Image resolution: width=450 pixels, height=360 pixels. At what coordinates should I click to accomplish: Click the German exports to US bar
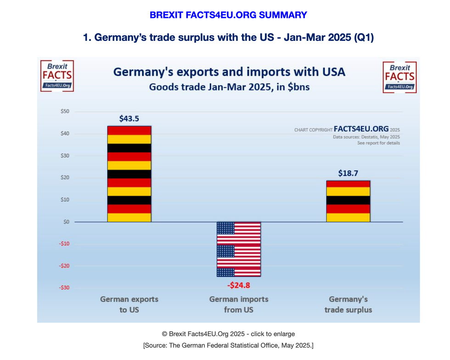[x=129, y=174]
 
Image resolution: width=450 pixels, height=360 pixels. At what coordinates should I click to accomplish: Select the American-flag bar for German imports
[x=238, y=249]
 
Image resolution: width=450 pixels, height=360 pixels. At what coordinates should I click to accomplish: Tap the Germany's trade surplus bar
[x=348, y=201]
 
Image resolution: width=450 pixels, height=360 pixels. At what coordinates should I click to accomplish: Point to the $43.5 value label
[x=129, y=118]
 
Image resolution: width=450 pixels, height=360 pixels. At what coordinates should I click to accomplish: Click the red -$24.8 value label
[x=239, y=285]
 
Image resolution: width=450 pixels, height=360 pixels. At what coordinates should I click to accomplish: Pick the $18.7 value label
[x=348, y=173]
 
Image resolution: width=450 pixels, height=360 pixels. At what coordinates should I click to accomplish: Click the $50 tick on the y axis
[x=65, y=112]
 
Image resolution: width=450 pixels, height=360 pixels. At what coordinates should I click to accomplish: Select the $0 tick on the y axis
[x=66, y=222]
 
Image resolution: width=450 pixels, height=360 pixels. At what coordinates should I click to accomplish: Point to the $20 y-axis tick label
[x=65, y=178]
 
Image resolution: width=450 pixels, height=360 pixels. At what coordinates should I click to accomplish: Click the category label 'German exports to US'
[x=129, y=304]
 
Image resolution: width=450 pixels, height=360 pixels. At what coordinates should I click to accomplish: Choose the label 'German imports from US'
[x=239, y=304]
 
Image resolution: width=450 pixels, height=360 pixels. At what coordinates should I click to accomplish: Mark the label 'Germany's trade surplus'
[x=348, y=304]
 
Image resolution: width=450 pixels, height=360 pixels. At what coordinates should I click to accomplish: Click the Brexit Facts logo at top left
[x=57, y=76]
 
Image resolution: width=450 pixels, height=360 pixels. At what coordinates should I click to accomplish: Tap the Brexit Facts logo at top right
[x=399, y=77]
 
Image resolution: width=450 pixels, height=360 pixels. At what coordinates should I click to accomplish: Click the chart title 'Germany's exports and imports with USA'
[x=229, y=72]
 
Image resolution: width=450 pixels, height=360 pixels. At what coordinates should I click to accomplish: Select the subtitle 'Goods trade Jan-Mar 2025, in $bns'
[x=229, y=87]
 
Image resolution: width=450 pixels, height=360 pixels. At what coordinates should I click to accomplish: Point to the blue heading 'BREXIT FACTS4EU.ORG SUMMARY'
[x=228, y=15]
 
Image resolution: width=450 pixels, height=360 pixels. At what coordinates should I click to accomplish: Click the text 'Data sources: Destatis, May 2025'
[x=366, y=137]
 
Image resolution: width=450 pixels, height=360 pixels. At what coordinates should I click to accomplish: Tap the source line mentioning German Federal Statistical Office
[x=228, y=345]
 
